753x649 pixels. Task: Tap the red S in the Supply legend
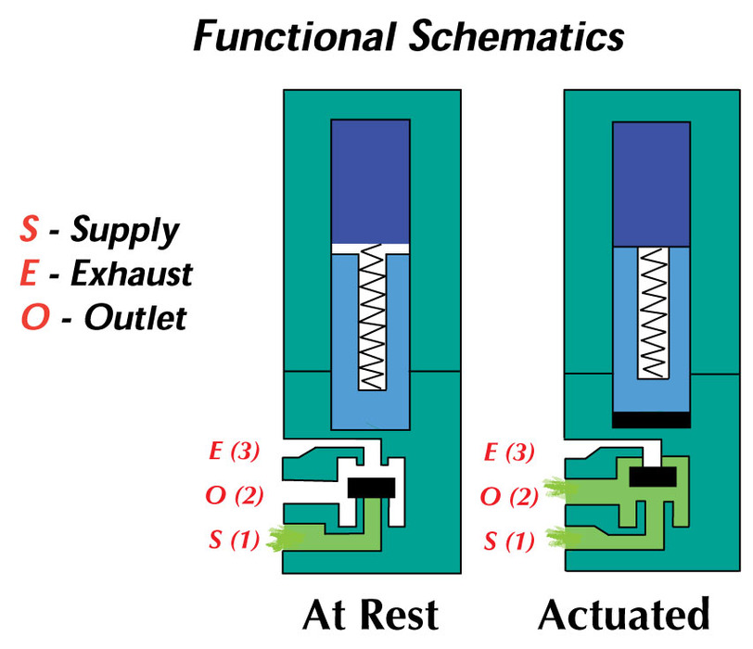(28, 229)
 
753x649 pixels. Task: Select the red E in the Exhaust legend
(28, 274)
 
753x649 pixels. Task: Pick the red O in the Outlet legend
(30, 318)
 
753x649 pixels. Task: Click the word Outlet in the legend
(134, 318)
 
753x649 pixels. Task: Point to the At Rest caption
(371, 616)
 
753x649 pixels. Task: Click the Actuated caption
(623, 616)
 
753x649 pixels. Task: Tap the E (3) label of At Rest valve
(236, 452)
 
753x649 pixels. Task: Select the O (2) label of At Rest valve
(236, 496)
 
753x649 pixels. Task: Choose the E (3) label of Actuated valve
(511, 452)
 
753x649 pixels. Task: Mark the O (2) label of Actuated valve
(511, 496)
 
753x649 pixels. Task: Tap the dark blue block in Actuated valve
(651, 184)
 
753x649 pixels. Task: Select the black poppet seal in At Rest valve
(371, 487)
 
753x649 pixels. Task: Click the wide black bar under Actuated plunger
(651, 418)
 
